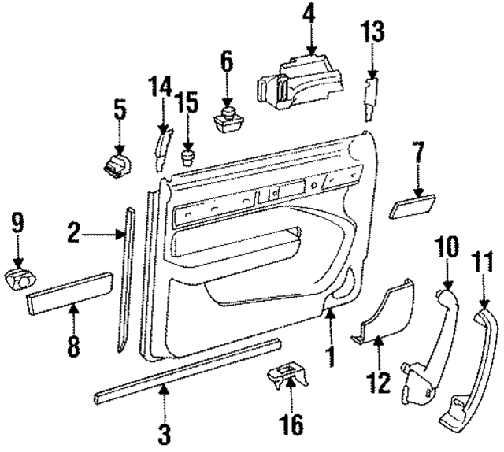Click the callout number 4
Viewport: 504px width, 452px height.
click(x=310, y=14)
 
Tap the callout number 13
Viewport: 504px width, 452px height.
click(x=373, y=32)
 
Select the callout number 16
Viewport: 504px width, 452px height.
click(x=291, y=426)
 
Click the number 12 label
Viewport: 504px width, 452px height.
click(x=378, y=383)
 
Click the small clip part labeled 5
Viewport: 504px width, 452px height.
click(x=117, y=165)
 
